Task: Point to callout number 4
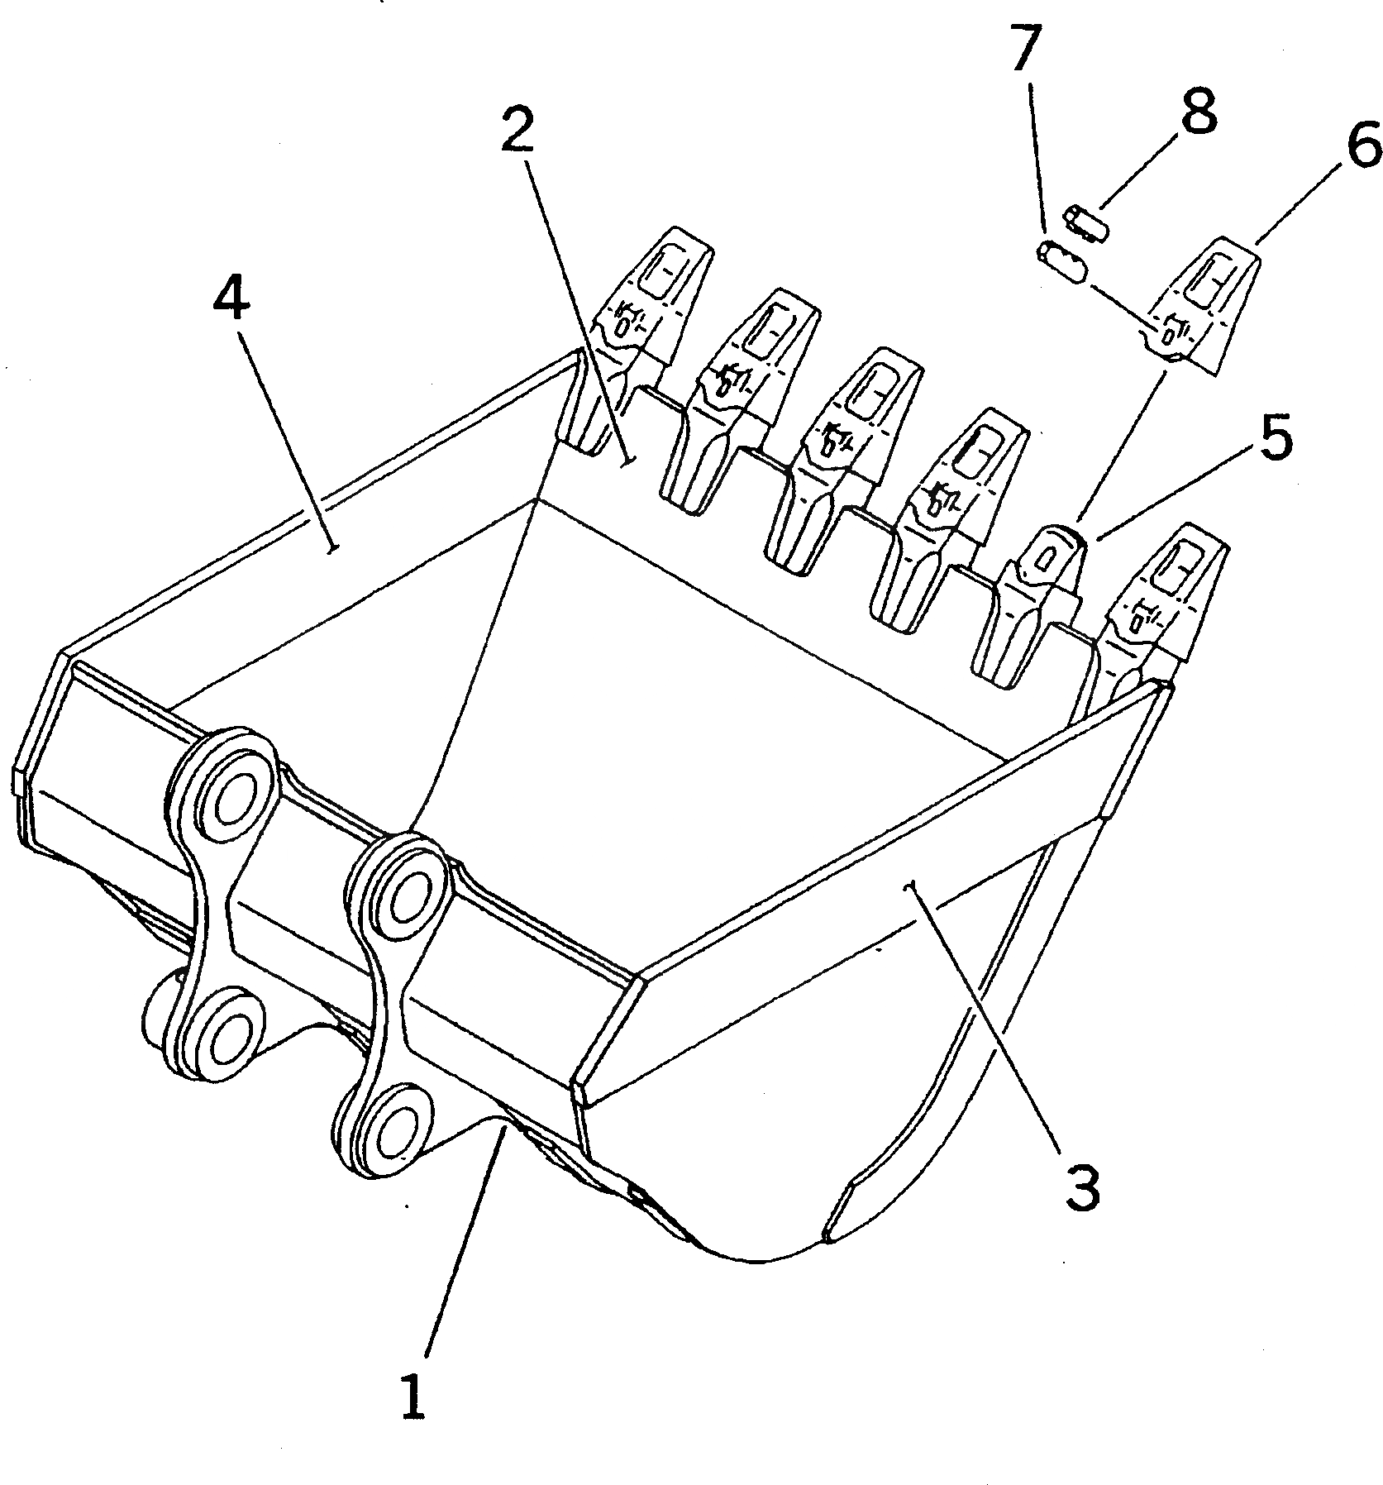tap(231, 298)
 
